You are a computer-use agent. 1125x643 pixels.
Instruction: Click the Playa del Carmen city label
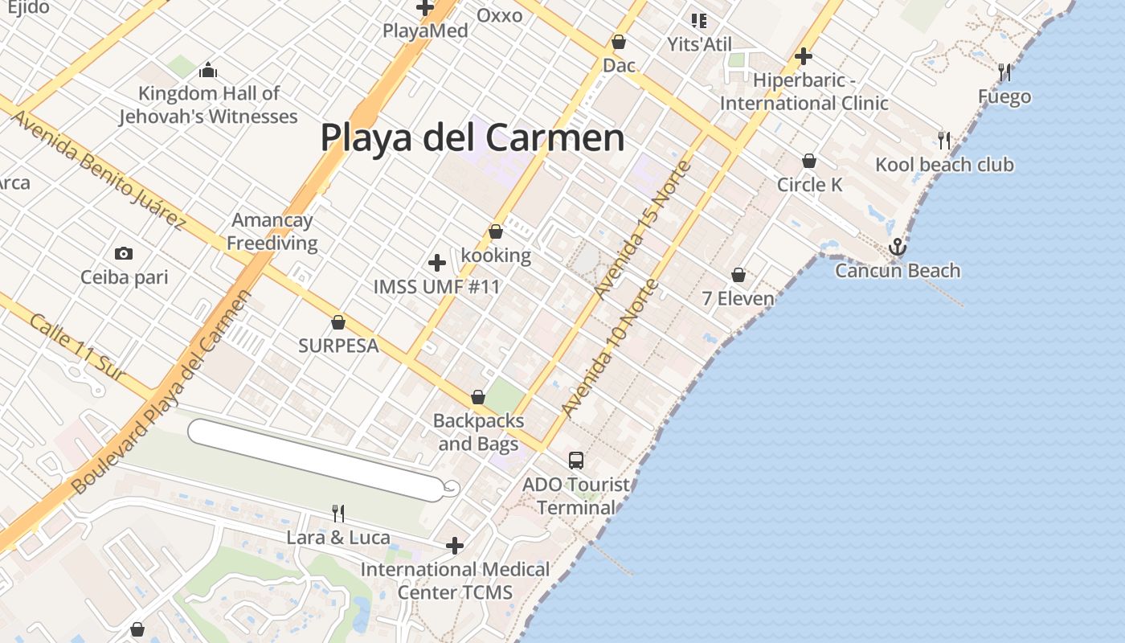(x=472, y=137)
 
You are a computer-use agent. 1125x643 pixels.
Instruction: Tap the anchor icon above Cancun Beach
(x=898, y=248)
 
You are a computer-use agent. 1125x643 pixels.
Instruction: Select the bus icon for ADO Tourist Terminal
(x=576, y=461)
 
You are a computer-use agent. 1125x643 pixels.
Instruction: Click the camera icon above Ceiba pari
(x=124, y=254)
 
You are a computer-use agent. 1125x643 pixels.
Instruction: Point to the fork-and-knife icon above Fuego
(x=1004, y=72)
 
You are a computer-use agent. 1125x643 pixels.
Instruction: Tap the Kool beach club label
(x=944, y=165)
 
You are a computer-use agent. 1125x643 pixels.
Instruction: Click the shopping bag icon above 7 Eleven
(x=738, y=276)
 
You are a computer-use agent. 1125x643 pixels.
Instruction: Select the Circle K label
(x=809, y=185)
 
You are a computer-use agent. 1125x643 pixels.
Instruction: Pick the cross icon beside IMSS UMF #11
(x=437, y=263)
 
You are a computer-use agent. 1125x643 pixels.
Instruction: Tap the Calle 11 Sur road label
(x=77, y=347)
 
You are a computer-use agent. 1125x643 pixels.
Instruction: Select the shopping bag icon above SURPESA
(x=338, y=323)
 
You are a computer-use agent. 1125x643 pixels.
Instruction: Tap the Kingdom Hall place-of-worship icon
(x=208, y=71)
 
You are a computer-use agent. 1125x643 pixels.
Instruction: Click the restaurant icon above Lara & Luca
(x=338, y=513)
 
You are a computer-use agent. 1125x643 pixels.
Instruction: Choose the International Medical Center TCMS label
(x=455, y=580)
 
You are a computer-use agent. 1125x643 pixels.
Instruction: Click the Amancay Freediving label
(x=272, y=231)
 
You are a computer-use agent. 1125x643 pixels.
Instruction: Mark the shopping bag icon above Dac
(x=619, y=42)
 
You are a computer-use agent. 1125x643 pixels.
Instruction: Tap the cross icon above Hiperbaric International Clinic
(x=803, y=56)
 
